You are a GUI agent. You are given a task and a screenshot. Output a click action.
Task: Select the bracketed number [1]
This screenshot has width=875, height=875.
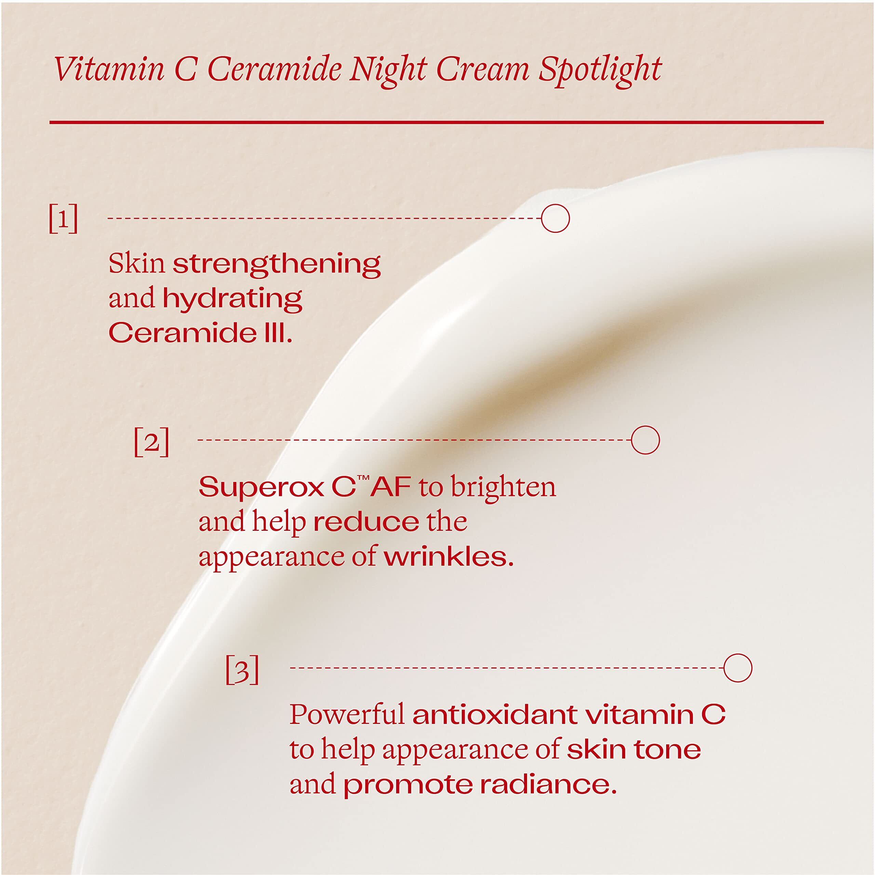click(x=64, y=219)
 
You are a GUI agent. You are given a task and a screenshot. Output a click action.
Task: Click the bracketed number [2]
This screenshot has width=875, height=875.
click(x=152, y=442)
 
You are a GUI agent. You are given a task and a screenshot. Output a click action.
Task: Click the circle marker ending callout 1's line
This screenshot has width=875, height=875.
click(x=555, y=218)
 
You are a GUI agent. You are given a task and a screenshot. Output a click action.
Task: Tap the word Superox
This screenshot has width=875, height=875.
click(x=262, y=487)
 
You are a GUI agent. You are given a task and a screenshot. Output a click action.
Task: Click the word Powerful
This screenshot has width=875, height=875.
click(x=347, y=715)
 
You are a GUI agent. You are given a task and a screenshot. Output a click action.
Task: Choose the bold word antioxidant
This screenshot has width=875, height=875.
click(x=495, y=715)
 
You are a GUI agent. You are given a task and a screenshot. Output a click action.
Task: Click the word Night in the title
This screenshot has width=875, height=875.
click(x=388, y=70)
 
